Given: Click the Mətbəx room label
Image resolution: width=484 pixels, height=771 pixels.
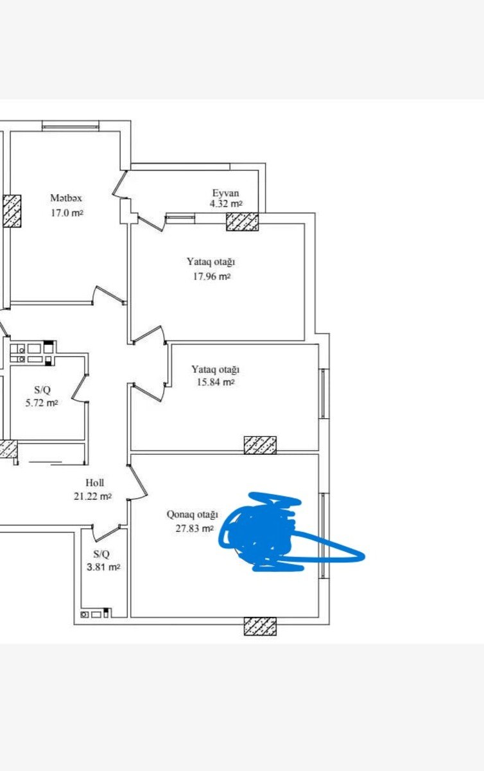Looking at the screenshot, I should [66, 199].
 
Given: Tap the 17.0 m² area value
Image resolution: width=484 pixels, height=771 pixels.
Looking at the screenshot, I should [67, 213].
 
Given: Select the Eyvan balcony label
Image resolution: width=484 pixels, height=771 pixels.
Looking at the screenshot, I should [226, 193].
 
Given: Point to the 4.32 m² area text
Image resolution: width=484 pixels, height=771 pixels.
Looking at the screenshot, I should [226, 204].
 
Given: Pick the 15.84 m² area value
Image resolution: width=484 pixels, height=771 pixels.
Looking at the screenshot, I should [216, 382].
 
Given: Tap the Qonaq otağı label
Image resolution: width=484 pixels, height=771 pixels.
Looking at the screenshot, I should [193, 515].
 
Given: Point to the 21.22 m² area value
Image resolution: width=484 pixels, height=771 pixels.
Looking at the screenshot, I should [92, 496].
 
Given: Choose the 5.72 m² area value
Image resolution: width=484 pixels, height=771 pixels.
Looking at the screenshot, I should [46, 403].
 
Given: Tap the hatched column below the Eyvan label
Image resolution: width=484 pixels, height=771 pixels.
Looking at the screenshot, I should [242, 222].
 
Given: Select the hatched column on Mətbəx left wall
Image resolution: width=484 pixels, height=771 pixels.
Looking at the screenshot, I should [12, 211].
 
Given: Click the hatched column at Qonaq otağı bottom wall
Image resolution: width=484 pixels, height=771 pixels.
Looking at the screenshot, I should [260, 626].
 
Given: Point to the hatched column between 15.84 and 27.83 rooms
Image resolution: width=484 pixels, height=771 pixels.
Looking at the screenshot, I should [260, 445].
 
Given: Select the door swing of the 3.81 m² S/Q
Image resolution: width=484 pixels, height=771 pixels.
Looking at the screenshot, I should [107, 531].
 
